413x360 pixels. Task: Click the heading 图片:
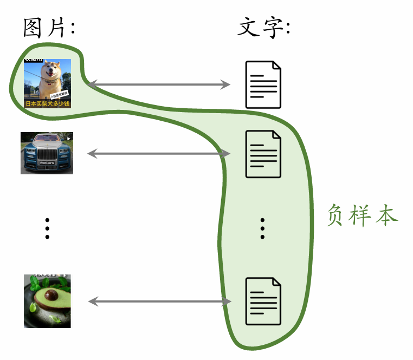(49, 27)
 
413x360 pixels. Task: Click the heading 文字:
(264, 27)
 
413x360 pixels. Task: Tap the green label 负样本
(363, 215)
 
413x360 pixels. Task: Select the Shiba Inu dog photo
(47, 83)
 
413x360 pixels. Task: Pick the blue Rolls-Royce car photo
(47, 153)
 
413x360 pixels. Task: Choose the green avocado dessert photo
(47, 301)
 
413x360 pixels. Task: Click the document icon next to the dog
(263, 84)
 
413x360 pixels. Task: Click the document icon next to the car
(263, 154)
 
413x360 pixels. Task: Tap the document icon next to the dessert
(263, 301)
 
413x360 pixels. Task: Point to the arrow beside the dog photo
(159, 84)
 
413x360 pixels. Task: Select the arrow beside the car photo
(159, 154)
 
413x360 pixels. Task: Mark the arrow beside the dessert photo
(159, 302)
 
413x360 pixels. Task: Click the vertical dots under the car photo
(47, 228)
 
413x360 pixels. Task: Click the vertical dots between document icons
(263, 228)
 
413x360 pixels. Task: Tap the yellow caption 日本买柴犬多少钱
(47, 103)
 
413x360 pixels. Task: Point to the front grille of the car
(47, 158)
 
